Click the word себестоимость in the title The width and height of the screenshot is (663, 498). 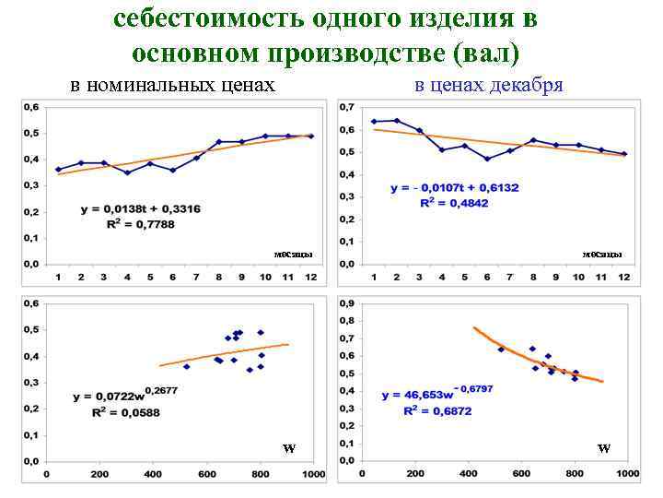click(194, 19)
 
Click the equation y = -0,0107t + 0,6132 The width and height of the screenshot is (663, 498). click(454, 187)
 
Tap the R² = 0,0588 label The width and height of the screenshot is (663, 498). click(125, 412)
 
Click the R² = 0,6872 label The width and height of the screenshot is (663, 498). click(437, 411)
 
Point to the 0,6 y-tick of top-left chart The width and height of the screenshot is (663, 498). click(30, 107)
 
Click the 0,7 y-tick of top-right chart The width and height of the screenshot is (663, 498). click(346, 107)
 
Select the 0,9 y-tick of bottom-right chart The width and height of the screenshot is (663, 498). click(346, 303)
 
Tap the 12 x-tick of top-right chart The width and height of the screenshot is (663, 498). click(624, 278)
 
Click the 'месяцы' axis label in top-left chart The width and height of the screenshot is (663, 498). click(293, 255)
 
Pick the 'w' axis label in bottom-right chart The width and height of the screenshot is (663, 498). click(603, 449)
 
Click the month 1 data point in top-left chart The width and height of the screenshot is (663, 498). click(58, 170)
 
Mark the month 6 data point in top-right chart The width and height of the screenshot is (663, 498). click(487, 159)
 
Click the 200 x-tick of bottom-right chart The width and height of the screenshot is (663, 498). click(416, 474)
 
